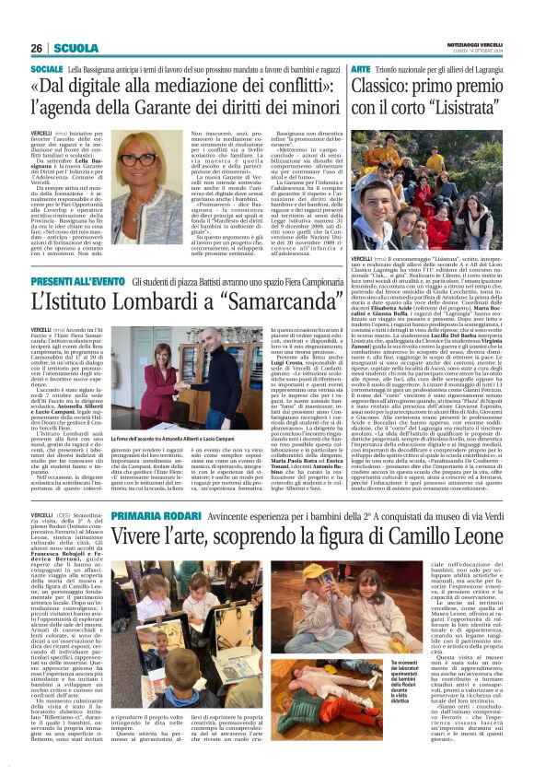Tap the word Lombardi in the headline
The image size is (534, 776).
146,301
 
